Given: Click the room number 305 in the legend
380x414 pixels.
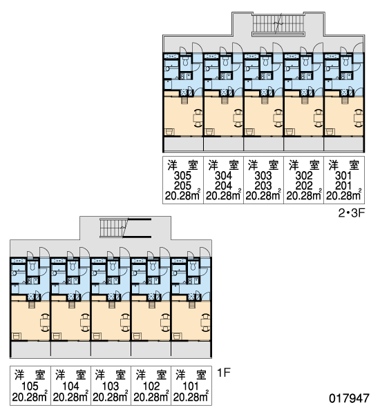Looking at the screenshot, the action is coord(182,175).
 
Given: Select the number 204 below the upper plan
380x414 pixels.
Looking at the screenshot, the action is coord(223,186).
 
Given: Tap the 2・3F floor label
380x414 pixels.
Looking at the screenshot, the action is coord(352,213).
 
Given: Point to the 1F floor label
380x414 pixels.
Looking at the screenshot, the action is coord(224,373).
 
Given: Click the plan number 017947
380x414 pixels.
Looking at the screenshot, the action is coord(349,398).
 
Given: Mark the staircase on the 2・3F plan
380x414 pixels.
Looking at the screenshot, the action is coord(278,23).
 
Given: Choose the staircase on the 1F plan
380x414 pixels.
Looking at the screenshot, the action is coord(125,228).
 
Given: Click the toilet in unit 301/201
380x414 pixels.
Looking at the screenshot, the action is coord(346,62).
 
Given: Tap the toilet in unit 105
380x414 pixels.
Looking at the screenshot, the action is coord(32,266).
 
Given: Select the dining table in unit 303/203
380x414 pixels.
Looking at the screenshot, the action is coord(277,118).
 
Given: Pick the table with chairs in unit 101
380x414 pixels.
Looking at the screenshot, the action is coord(205,322).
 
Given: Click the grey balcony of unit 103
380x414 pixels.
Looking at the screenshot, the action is coord(111,349).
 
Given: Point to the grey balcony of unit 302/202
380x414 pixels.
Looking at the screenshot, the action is coord(303,144).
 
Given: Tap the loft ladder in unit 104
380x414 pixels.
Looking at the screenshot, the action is coord(72,304).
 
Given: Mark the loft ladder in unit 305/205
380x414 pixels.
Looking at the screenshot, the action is coord(184,100).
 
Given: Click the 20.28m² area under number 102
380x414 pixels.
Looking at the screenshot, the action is coord(151,397).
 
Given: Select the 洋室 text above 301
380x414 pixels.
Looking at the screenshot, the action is coord(344,166).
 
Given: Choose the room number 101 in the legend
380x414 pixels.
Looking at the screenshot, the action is coord(191,386).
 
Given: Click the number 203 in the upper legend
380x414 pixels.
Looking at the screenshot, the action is coord(263,186).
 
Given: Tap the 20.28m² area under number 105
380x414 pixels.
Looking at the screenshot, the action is coord(30,397).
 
